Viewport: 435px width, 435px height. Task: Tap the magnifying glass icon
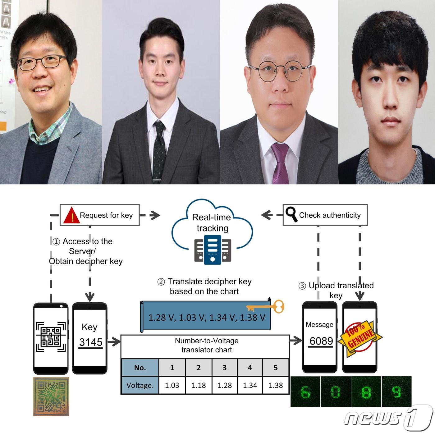click(x=291, y=215)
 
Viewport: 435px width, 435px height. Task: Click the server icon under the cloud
click(x=213, y=250)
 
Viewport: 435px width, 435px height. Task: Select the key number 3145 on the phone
click(x=90, y=342)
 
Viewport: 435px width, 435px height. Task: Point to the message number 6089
click(x=321, y=341)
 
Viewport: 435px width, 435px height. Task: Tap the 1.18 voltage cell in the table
click(x=199, y=385)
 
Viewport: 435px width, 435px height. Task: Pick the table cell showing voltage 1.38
click(x=276, y=385)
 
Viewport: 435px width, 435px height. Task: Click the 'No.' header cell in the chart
click(x=140, y=368)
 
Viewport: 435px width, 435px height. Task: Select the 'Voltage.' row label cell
click(x=140, y=386)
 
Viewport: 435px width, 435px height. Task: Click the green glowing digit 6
click(x=305, y=392)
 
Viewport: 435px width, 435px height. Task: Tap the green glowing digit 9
click(x=396, y=392)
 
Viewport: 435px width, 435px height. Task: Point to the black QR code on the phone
click(x=51, y=337)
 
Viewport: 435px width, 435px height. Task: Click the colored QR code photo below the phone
click(x=51, y=396)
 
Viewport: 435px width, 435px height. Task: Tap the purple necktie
click(x=280, y=163)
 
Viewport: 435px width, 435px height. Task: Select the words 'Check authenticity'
click(x=330, y=215)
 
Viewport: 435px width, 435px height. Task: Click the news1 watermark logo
click(x=388, y=418)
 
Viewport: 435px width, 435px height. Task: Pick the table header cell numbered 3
click(x=224, y=368)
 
